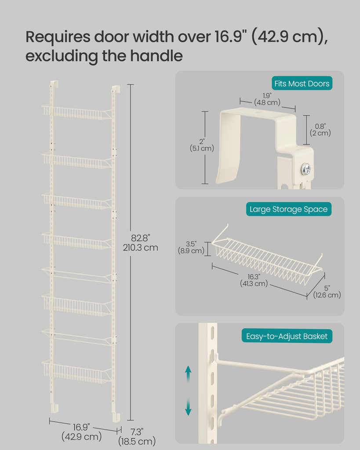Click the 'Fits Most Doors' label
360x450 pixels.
pos(302,83)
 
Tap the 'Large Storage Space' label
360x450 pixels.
pos(288,209)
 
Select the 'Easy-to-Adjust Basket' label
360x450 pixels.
pos(287,336)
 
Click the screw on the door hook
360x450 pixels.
pos(306,169)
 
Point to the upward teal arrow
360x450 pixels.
pos(188,374)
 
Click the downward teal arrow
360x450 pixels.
pos(188,407)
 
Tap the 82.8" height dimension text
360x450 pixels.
pos(140,243)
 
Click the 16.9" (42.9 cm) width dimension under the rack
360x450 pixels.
pos(81,432)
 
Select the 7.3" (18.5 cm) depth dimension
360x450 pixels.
pos(137,436)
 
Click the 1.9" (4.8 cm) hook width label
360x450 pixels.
pos(267,99)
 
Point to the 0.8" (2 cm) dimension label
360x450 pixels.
pos(320,130)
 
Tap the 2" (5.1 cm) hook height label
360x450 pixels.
pos(202,145)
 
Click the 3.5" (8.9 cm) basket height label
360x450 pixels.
pos(191,247)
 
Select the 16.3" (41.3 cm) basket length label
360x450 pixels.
pos(254,280)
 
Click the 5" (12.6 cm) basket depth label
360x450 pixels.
pos(327,292)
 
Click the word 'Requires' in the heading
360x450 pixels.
pos(58,37)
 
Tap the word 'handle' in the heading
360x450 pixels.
pos(156,55)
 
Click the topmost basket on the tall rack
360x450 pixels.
pos(77,112)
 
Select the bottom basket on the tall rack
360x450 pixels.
pos(77,372)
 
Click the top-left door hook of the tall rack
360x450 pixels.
pos(54,84)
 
